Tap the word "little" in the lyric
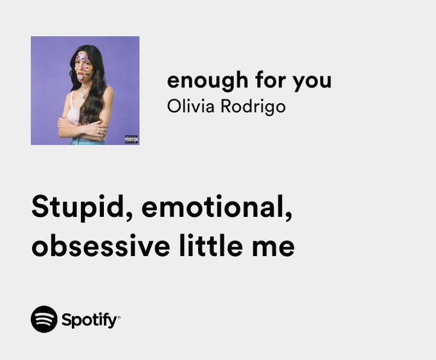[x=208, y=246]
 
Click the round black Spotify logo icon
[x=44, y=319]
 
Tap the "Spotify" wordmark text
[x=88, y=320]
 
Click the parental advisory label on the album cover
[x=131, y=138]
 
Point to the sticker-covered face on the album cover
[x=84, y=65]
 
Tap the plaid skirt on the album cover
[x=87, y=141]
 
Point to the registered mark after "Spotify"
[x=119, y=316]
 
